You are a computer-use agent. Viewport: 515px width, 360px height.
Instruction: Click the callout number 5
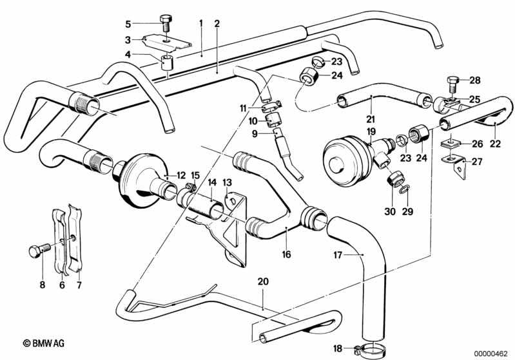[x=128, y=24]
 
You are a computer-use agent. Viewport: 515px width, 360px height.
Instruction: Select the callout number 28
[x=475, y=81]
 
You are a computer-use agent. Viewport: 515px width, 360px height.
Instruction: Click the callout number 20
[x=262, y=281]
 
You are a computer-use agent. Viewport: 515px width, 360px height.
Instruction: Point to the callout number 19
[x=371, y=131]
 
